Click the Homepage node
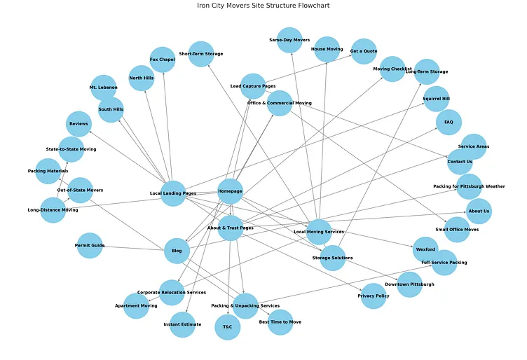(230, 191)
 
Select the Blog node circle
(177, 251)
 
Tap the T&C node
(227, 327)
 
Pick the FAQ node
(449, 122)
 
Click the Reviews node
(79, 124)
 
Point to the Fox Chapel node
(162, 60)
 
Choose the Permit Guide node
(89, 246)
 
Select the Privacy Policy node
(374, 296)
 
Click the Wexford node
(425, 249)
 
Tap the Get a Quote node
(364, 51)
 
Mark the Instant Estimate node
(182, 324)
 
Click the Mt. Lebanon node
(103, 88)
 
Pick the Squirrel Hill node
(436, 99)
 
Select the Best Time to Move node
(280, 321)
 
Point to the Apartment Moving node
(136, 306)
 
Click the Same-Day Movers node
(289, 40)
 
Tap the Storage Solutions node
(332, 258)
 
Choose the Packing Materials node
(48, 171)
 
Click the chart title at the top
(263, 6)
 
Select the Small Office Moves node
(457, 230)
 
